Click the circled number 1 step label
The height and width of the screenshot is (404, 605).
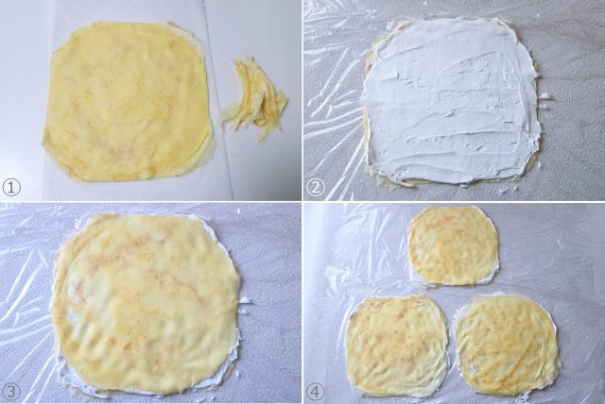coord(11,188)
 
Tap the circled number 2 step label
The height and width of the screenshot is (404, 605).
coord(316,188)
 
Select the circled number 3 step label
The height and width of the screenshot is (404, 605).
coord(11,392)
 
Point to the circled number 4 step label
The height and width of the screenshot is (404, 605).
coord(316,392)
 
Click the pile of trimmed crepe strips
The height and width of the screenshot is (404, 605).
coord(254,100)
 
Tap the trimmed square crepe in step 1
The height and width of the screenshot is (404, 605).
coord(129,101)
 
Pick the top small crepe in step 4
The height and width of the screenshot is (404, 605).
coord(454,245)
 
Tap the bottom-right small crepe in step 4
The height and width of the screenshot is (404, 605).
coord(507,345)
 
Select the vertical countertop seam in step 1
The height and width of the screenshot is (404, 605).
coord(217,100)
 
